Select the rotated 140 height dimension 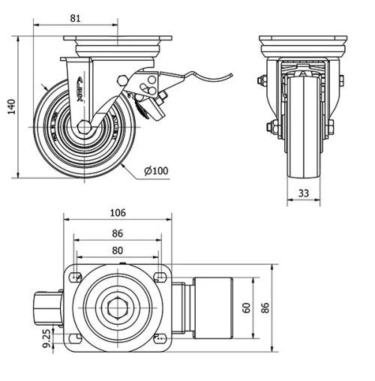pos(10,108)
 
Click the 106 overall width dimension pos(118,212)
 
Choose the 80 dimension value pos(118,250)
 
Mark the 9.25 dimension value pos(47,339)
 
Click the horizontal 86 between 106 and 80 pos(118,233)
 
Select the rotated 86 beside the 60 pos(264,307)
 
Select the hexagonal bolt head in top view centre pos(118,308)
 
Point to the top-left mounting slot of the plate pos(76,278)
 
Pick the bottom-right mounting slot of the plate pos(159,339)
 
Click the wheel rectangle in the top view pos(214,307)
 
